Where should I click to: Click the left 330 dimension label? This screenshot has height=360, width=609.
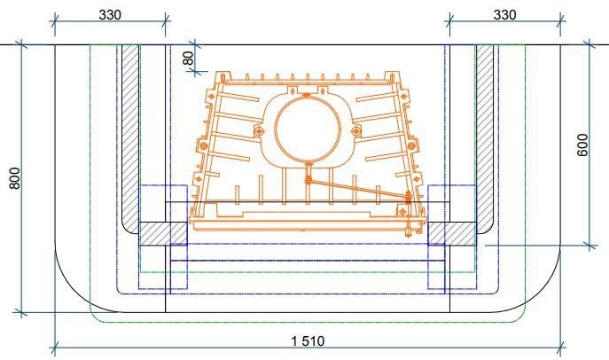[110, 15]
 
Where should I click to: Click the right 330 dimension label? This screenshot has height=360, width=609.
[504, 15]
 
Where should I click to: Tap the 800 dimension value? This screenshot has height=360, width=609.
[14, 178]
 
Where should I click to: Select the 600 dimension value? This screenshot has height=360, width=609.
[582, 145]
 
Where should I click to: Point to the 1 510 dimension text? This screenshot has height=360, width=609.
[308, 341]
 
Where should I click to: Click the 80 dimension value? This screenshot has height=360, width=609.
[188, 59]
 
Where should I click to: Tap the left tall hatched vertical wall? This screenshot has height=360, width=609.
[130, 139]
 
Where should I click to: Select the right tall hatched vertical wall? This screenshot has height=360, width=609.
[485, 139]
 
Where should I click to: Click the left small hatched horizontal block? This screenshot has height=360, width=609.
[163, 233]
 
